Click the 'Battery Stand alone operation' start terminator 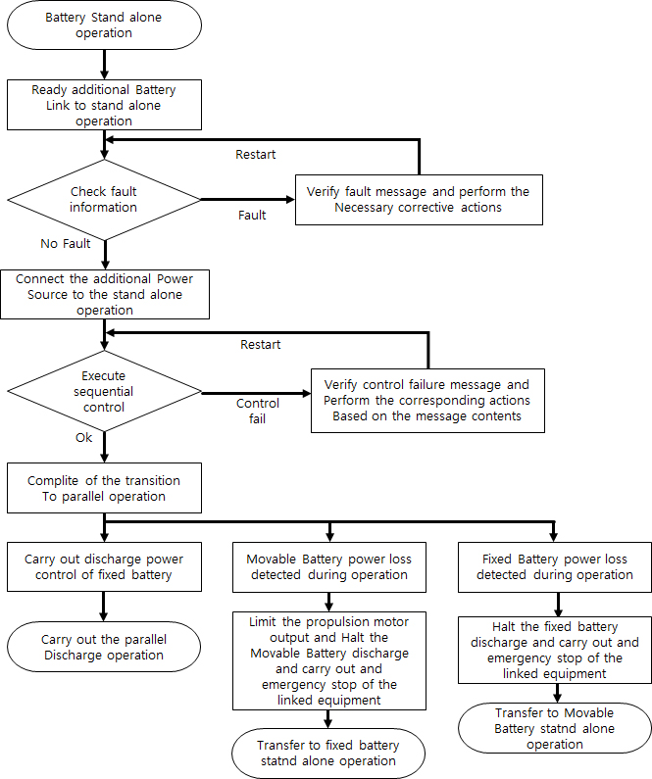click(x=104, y=24)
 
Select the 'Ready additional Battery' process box click(x=104, y=105)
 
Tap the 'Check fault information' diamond click(x=103, y=200)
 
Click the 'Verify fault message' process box click(x=418, y=200)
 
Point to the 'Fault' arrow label click(x=252, y=215)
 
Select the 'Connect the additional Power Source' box click(x=104, y=294)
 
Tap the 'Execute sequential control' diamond click(x=103, y=392)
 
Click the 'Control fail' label click(x=258, y=411)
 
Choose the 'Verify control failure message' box click(x=427, y=400)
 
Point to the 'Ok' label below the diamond click(x=83, y=437)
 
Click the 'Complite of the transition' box click(x=104, y=488)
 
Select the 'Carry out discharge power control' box click(x=104, y=566)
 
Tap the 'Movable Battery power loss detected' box click(x=329, y=566)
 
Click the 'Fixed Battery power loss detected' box click(x=555, y=566)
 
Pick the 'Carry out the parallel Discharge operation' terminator click(x=104, y=647)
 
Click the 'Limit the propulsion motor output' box click(x=329, y=659)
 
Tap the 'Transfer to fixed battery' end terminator click(x=329, y=753)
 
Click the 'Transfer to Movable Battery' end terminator click(x=556, y=729)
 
